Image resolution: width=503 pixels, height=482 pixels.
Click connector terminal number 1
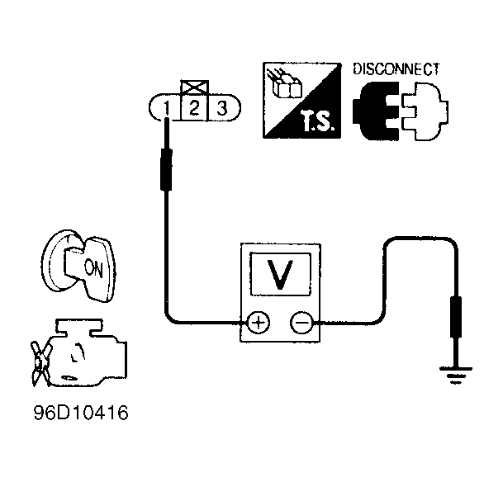[x=166, y=108]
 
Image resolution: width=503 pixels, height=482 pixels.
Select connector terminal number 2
[x=195, y=107]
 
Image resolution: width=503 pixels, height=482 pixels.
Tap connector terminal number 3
[x=222, y=107]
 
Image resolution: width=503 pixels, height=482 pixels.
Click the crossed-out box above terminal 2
[x=195, y=87]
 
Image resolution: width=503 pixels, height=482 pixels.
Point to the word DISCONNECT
[x=396, y=69]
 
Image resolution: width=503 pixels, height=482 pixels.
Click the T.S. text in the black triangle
[x=318, y=122]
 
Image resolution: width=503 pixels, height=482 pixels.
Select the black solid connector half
[x=376, y=111]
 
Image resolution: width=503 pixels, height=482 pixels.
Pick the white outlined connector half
[x=424, y=111]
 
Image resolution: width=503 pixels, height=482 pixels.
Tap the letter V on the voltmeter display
[x=281, y=274]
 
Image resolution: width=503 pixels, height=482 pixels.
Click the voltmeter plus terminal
[x=259, y=323]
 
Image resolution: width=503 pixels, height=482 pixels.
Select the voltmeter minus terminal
[x=301, y=323]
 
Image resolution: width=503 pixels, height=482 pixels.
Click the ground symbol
[x=456, y=375]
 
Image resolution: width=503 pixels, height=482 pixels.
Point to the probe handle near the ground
[x=456, y=317]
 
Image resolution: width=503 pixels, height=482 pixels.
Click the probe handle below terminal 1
[x=166, y=169]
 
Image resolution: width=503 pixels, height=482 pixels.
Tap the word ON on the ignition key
[x=93, y=268]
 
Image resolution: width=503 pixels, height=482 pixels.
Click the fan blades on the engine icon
[x=40, y=363]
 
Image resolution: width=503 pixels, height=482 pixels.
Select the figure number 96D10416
[x=81, y=413]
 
